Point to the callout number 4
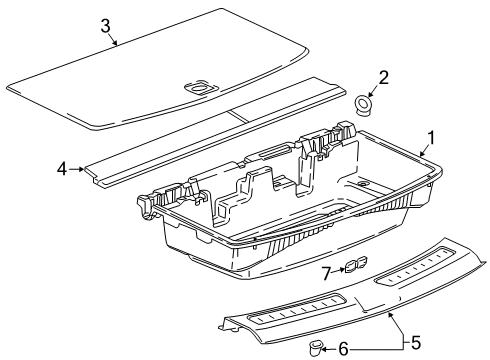click(x=62, y=168)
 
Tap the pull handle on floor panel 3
click(x=198, y=88)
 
